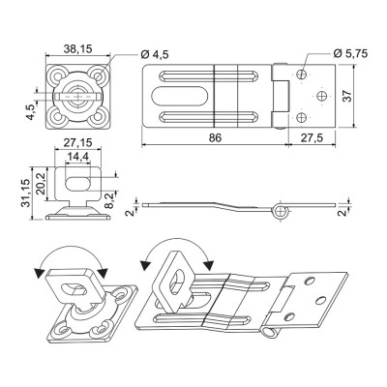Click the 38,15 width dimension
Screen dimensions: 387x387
[77, 49]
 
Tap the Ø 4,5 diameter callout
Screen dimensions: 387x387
[155, 55]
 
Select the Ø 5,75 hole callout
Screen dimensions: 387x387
[350, 53]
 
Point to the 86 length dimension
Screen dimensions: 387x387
[215, 137]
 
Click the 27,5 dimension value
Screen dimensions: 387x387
[312, 137]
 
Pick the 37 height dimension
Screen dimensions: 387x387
[347, 96]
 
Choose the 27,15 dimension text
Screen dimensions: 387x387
[77, 142]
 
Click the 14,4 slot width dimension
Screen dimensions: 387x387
[77, 157]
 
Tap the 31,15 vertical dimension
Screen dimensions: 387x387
[26, 193]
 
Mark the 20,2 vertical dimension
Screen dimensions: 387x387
[41, 184]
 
